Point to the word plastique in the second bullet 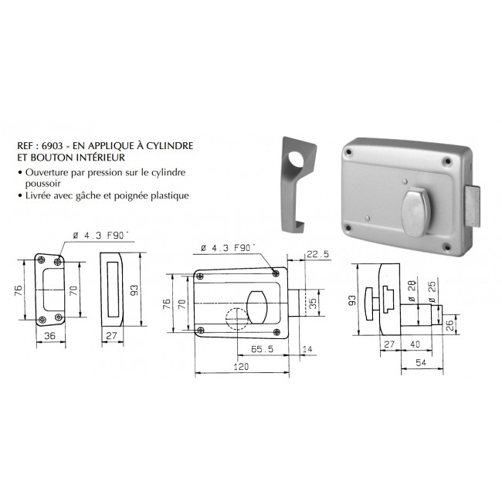coord(168,196)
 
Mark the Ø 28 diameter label coord(409,293)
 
